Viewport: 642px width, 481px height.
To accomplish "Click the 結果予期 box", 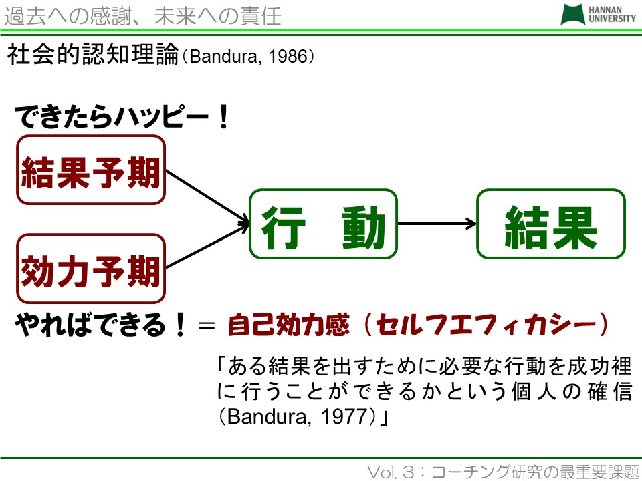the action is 91,170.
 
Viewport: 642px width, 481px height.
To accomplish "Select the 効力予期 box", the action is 91,269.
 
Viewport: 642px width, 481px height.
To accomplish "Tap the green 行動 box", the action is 324,224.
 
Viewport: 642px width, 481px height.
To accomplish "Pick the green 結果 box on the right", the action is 551,224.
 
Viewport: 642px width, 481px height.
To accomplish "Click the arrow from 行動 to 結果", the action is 437,224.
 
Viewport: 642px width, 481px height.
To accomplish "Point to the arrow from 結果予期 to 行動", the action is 207,197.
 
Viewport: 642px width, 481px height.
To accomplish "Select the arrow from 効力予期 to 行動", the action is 207,247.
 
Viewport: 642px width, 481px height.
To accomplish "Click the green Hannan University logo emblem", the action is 572,15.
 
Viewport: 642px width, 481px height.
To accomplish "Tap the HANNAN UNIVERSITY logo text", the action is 612,14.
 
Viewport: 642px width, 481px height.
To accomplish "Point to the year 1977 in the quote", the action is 341,417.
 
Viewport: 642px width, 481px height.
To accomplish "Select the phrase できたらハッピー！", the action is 122,116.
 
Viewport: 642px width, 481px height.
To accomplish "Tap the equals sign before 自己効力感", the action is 207,325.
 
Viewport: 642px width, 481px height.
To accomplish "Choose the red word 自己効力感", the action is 288,325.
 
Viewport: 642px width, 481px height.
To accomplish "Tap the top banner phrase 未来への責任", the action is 217,17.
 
